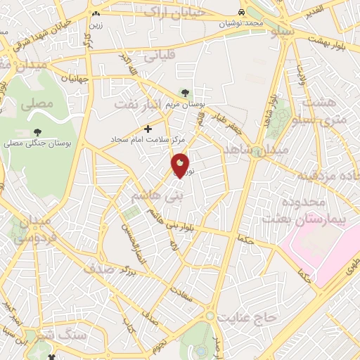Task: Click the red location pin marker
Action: [x=180, y=165]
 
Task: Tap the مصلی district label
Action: [x=37, y=105]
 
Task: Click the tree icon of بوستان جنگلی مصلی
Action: [x=37, y=131]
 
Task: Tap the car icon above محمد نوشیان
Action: [x=241, y=13]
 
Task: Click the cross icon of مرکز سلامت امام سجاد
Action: [x=148, y=129]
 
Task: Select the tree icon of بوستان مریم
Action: [x=184, y=92]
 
